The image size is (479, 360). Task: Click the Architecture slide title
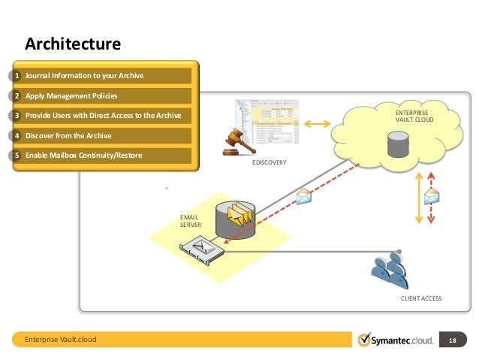pos(73,44)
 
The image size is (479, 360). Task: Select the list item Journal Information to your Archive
pos(84,76)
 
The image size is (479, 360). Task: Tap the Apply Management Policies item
pos(71,96)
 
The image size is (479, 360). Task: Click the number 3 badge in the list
pos(17,116)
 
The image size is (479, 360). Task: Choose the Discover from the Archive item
pos(68,136)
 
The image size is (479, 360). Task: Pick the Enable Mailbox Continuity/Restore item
pos(83,156)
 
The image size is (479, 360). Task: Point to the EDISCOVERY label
pos(269,162)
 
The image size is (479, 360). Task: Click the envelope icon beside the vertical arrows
pos(432,197)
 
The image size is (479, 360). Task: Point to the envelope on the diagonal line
pos(304,196)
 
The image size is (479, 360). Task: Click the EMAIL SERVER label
pos(190,220)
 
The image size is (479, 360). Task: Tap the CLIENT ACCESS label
pos(421,298)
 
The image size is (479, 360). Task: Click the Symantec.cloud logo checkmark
pos(364,340)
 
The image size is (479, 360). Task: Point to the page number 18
pos(452,340)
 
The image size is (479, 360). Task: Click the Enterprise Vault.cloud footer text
pos(61,340)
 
